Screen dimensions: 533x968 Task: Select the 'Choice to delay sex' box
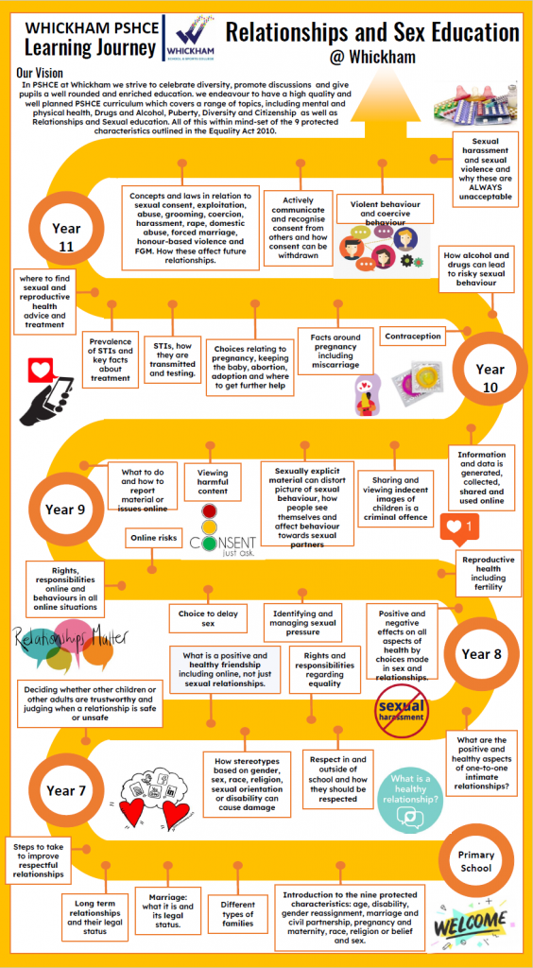pos(203,618)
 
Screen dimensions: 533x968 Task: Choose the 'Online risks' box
pos(154,538)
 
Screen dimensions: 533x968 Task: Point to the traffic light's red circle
pos(211,511)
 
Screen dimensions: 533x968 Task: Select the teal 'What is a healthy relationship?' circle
pos(410,801)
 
